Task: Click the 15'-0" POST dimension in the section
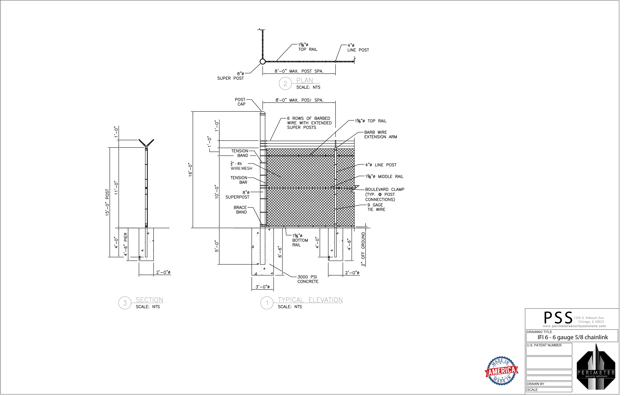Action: (108, 204)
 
